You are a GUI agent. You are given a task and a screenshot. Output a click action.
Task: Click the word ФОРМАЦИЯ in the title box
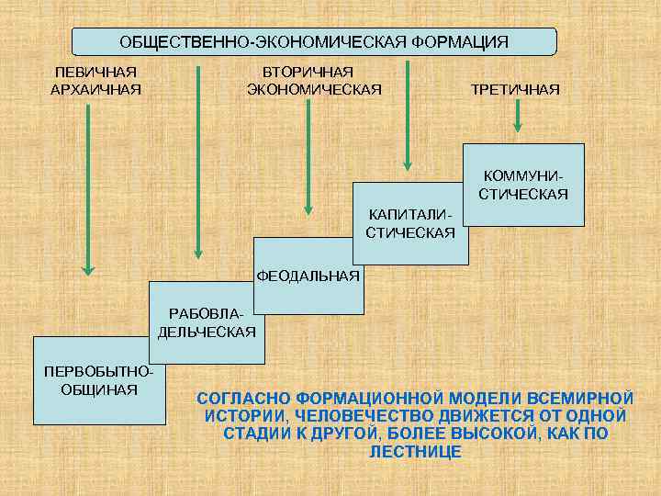[459, 42]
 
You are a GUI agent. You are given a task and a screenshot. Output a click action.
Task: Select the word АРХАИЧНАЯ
[95, 88]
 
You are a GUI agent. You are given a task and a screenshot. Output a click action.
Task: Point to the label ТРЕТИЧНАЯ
[514, 89]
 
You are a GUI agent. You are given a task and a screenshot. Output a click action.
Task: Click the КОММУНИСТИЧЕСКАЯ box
[523, 185]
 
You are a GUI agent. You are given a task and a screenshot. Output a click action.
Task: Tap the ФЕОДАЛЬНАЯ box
[307, 275]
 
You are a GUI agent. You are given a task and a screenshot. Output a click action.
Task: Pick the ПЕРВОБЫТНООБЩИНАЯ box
[98, 380]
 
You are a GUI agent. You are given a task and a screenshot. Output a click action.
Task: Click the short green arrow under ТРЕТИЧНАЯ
[517, 117]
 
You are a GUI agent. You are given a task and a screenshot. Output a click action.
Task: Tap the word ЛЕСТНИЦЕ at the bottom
[414, 453]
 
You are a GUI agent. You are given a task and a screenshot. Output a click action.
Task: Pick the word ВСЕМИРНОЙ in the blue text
[585, 398]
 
